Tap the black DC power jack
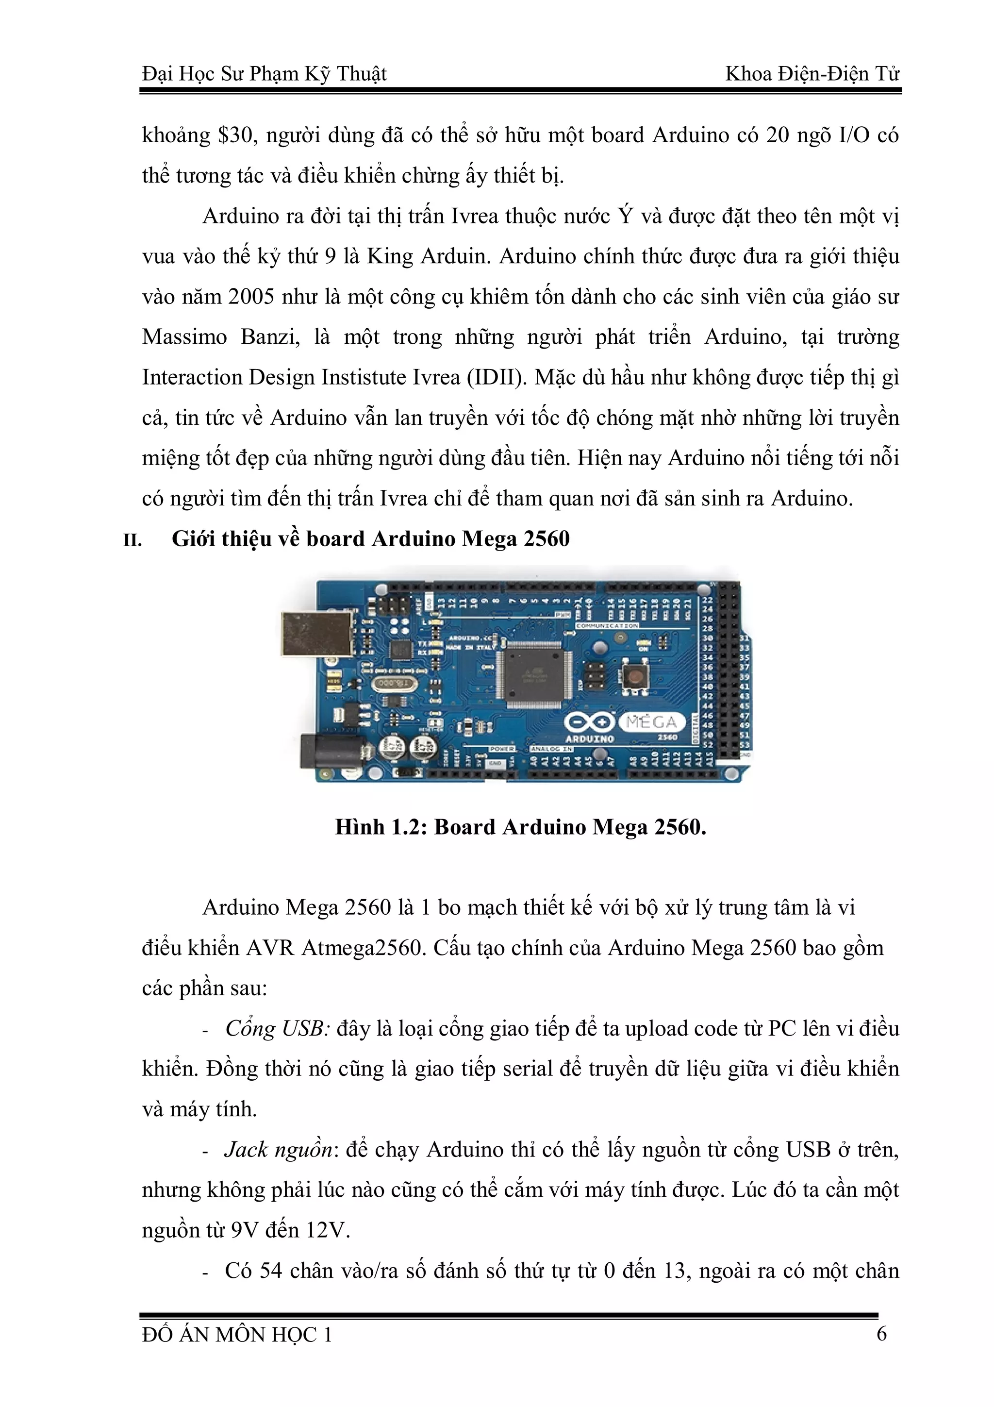point(331,751)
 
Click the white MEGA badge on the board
point(651,722)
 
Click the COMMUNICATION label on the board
point(607,626)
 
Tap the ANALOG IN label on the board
point(551,749)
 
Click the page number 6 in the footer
point(881,1334)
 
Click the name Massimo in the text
point(184,337)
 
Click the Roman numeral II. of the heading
point(133,540)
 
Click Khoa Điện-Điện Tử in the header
point(812,74)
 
